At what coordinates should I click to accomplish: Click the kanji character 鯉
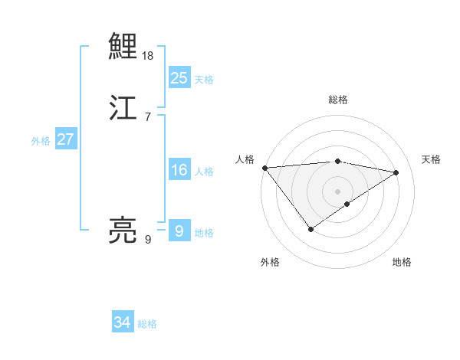(x=123, y=47)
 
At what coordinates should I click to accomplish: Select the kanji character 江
(x=123, y=108)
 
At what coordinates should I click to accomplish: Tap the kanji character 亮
(x=123, y=230)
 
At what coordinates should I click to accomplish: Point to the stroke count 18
(x=148, y=56)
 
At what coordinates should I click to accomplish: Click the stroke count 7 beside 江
(x=148, y=117)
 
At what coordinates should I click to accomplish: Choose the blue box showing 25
(x=179, y=78)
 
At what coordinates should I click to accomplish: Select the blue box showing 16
(x=179, y=170)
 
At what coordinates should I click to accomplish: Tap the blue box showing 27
(x=65, y=139)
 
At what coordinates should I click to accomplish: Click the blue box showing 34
(x=123, y=322)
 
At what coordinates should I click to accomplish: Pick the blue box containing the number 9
(x=179, y=231)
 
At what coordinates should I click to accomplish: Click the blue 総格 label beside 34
(x=147, y=324)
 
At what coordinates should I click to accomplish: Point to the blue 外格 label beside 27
(x=41, y=141)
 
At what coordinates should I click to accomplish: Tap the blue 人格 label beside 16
(x=204, y=172)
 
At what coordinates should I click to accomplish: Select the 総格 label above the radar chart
(x=337, y=100)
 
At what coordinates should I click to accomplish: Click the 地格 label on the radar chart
(x=402, y=262)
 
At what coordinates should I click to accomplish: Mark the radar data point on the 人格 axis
(x=264, y=168)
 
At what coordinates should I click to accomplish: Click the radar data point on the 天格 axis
(x=396, y=172)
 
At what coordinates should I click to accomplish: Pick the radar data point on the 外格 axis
(x=310, y=228)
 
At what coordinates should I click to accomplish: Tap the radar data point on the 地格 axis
(x=347, y=204)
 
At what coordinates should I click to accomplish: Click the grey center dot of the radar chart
(x=337, y=191)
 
